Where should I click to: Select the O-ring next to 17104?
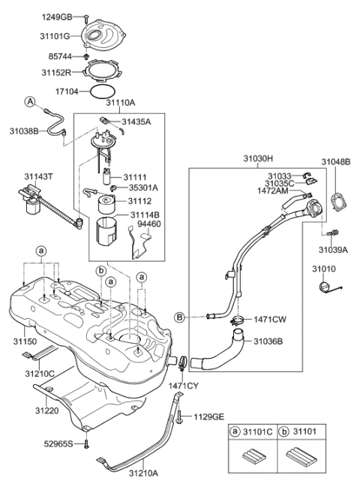coord(104,92)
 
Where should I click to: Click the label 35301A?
coord(142,189)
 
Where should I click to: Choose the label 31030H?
coord(258,159)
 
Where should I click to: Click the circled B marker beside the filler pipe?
coord(180,317)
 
